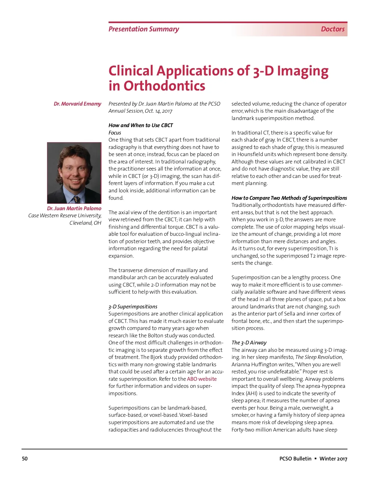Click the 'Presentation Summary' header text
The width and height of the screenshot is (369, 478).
(144, 29)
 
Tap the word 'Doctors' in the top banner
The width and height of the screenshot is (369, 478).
(332, 29)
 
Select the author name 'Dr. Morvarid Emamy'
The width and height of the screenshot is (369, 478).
(77, 104)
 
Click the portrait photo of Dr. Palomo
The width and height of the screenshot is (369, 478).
(74, 172)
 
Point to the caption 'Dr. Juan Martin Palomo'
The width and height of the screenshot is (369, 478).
(74, 208)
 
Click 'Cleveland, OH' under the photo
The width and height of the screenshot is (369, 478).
(85, 223)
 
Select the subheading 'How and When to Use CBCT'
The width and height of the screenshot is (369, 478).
(141, 125)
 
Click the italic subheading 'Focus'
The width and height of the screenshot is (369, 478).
(115, 133)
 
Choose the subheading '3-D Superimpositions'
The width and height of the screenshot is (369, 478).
(133, 307)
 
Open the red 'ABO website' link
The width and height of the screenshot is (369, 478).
(202, 379)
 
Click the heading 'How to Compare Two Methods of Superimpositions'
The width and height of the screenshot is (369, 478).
(289, 198)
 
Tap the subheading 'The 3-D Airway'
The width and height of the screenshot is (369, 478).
(249, 343)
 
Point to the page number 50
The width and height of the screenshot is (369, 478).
(25, 459)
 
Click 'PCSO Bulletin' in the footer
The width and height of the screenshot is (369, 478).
(295, 459)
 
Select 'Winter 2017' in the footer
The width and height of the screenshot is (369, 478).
(333, 459)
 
